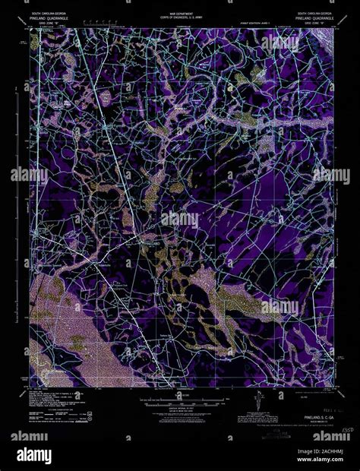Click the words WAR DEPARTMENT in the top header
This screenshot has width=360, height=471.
point(180,14)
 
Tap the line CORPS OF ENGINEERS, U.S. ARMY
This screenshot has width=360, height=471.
point(180,18)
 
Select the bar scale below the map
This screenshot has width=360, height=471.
point(180,396)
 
